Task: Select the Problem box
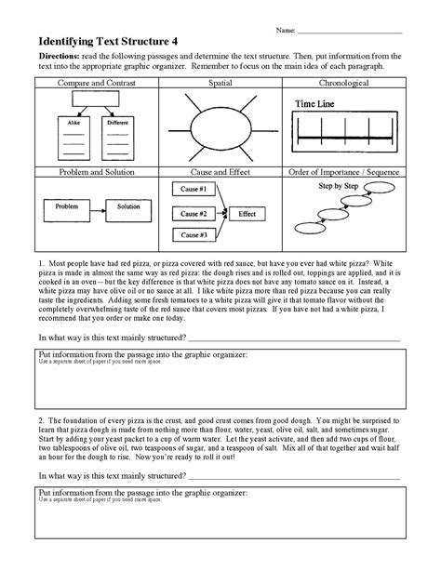[x=66, y=205]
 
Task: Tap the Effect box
[x=247, y=214]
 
